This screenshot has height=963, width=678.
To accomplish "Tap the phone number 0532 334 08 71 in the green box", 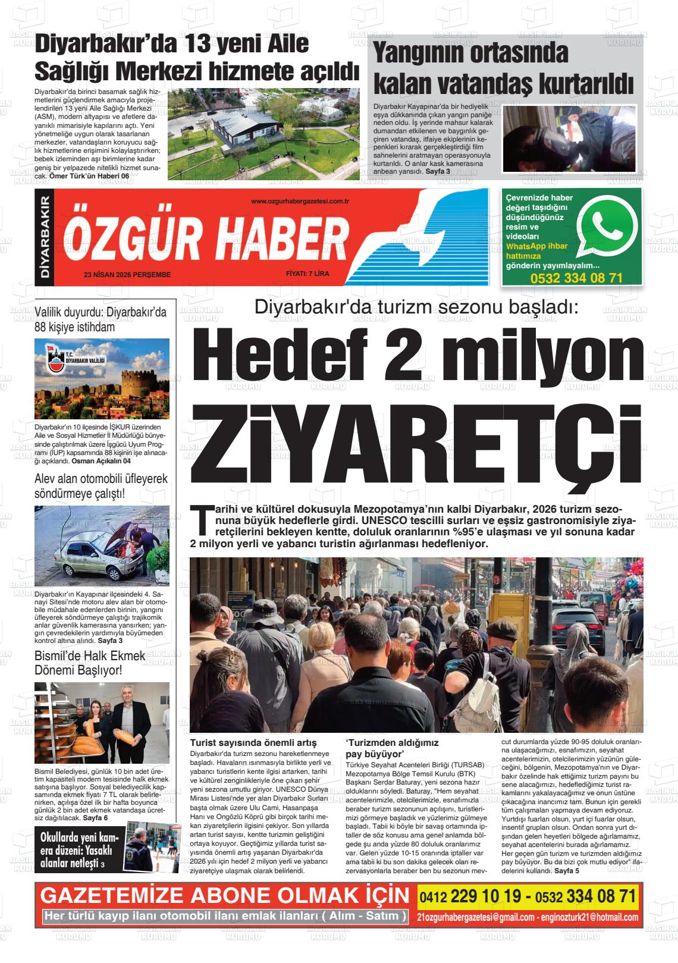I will [x=576, y=278].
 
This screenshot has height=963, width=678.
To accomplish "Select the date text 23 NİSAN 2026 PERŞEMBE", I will [x=127, y=275].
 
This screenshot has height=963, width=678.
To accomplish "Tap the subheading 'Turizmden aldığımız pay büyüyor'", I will [x=392, y=748].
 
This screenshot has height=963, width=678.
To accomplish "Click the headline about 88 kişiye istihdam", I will [x=101, y=319].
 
